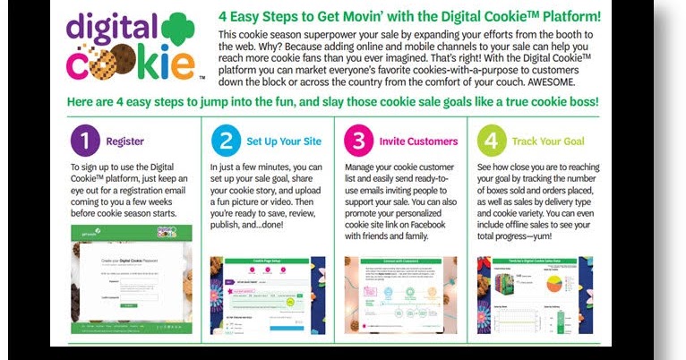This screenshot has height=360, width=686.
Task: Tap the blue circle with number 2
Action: [225, 141]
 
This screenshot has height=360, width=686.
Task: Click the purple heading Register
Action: [125, 141]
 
